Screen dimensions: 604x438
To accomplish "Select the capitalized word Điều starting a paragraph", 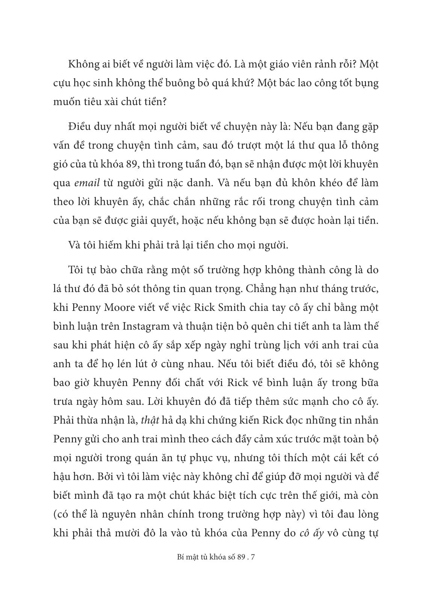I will [x=79, y=127].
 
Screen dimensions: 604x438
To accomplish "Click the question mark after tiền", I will [x=163, y=102].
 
